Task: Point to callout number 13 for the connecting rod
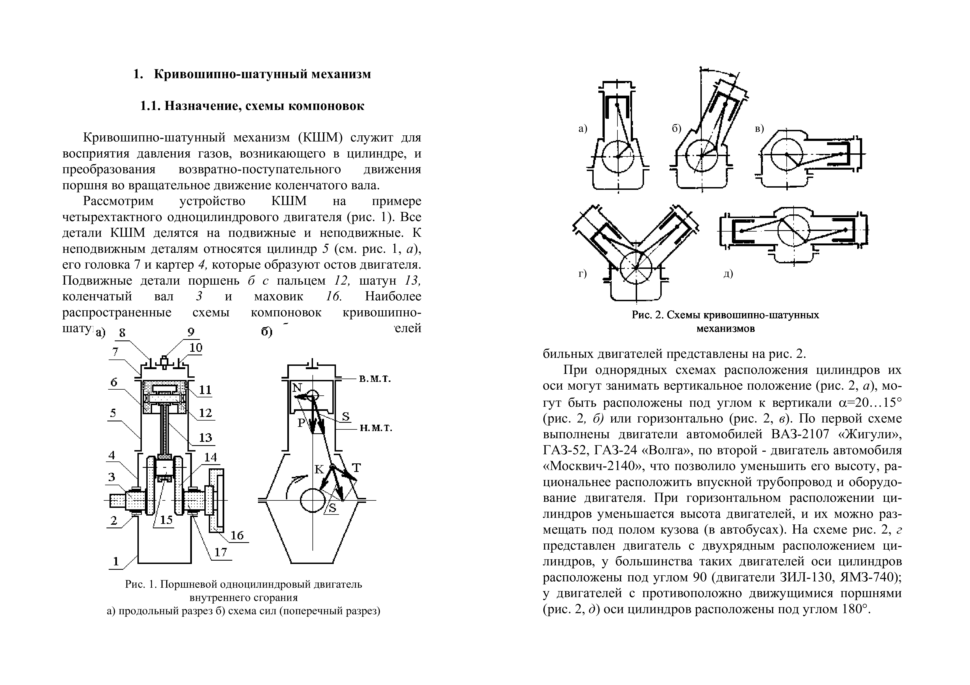coord(205,438)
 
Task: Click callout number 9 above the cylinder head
coord(191,333)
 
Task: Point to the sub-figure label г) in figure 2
coord(583,274)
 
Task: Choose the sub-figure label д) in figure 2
coord(728,274)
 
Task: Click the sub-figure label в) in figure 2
coord(759,129)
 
